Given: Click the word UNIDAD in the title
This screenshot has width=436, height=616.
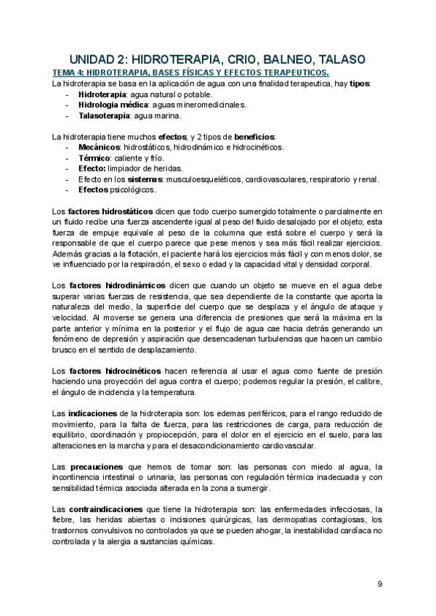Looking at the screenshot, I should pyautogui.click(x=95, y=58).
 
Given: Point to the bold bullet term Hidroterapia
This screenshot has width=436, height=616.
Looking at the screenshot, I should pyautogui.click(x=102, y=94).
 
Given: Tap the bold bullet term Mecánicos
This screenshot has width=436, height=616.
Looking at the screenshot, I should pyautogui.click(x=98, y=147).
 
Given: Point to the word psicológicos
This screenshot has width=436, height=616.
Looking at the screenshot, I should pyautogui.click(x=134, y=190).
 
